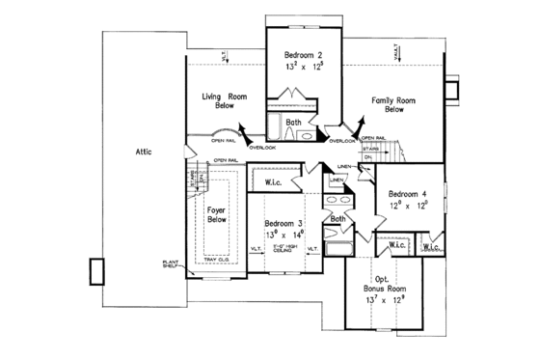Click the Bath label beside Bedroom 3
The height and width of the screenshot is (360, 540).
click(337, 219)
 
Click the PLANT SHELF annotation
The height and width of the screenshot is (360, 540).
click(174, 263)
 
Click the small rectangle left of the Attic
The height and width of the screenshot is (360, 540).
click(96, 271)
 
